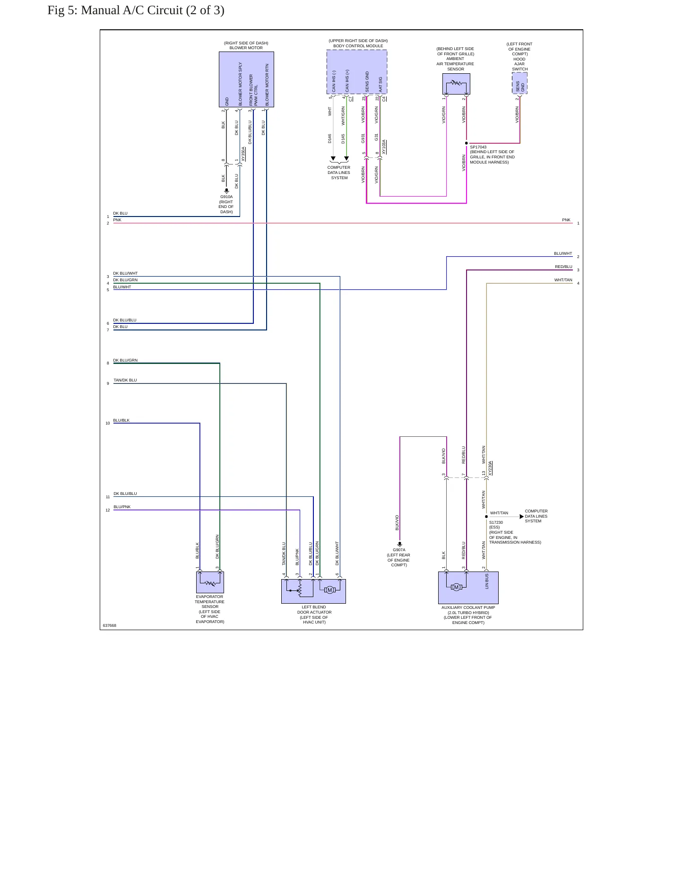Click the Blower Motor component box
246,79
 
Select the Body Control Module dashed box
357,72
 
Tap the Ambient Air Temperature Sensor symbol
456,84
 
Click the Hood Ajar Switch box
519,83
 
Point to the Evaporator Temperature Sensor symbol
210,582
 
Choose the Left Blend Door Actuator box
313,591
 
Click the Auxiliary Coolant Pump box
468,588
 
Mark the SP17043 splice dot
467,143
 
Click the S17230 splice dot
486,517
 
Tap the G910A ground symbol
226,191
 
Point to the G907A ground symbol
400,544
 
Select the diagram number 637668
110,625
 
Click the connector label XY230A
490,468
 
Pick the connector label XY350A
243,154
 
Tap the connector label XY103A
384,147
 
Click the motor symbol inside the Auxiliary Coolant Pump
456,587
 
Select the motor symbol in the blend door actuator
330,589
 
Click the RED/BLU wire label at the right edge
563,267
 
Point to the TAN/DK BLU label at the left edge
125,380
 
